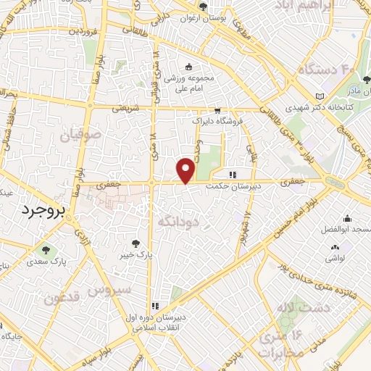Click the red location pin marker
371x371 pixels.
click(x=186, y=170)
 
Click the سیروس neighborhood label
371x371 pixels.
click(x=112, y=288)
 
